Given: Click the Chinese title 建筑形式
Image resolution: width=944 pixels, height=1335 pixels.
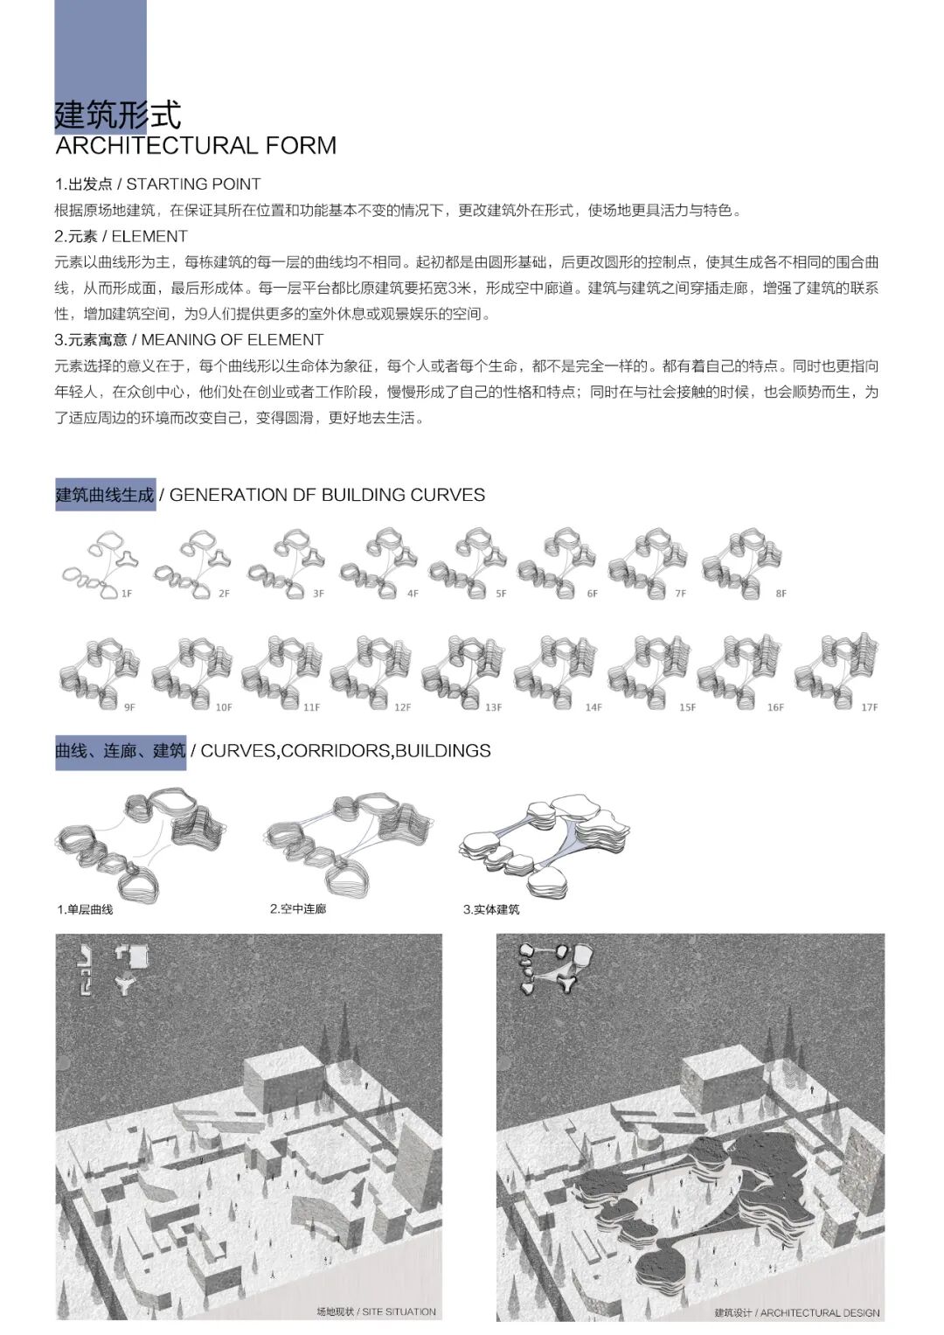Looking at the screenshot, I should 118,115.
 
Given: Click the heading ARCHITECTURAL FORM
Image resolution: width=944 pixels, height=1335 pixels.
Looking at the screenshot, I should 196,145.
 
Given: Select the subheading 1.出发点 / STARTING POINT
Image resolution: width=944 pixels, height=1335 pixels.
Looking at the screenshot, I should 157,184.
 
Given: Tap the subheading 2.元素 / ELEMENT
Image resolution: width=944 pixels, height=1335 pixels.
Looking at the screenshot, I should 121,236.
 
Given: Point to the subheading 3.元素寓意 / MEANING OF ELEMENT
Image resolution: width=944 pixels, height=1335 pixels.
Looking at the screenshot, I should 189,339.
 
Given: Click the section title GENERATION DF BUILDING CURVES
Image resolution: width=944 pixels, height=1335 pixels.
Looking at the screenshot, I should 327,495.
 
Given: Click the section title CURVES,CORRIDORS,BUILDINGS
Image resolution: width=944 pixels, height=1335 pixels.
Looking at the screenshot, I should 345,750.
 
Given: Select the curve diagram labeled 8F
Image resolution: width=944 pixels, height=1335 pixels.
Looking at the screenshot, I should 740,564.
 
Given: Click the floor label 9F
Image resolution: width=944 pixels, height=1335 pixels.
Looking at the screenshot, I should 129,707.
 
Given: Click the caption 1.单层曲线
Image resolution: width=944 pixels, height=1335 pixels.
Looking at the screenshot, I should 85,909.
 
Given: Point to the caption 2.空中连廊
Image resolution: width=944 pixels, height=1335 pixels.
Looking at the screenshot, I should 298,909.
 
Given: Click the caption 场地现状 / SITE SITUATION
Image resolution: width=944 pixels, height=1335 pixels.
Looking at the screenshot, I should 376,1311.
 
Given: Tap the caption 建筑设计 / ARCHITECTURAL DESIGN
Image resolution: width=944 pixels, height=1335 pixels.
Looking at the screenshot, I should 796,1312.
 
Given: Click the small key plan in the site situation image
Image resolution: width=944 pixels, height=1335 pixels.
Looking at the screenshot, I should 109,970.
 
